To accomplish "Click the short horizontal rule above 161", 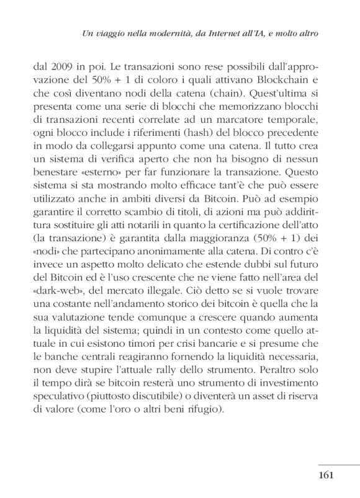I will click(338, 463).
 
